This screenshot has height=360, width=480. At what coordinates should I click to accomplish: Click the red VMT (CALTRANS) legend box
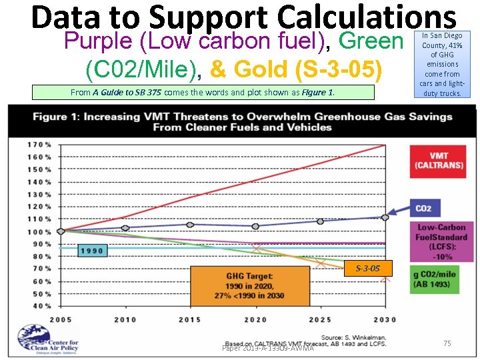(439, 161)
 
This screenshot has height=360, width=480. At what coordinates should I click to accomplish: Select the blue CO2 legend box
(423, 208)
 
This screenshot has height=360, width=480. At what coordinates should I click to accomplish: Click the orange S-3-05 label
(367, 268)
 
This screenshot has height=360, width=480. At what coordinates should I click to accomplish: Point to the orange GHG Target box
(250, 285)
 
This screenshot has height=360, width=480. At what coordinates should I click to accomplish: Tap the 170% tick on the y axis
(40, 145)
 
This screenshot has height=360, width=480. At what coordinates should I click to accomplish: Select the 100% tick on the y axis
(40, 231)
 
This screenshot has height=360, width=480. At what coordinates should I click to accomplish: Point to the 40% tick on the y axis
(41, 305)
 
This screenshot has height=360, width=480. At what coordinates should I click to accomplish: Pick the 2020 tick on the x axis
(255, 319)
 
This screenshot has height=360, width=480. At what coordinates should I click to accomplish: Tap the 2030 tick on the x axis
(385, 319)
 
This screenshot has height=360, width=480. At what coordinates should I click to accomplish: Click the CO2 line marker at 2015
(191, 225)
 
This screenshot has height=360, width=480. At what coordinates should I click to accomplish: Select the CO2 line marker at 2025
(320, 221)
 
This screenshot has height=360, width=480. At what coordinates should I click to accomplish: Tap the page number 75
(447, 343)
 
